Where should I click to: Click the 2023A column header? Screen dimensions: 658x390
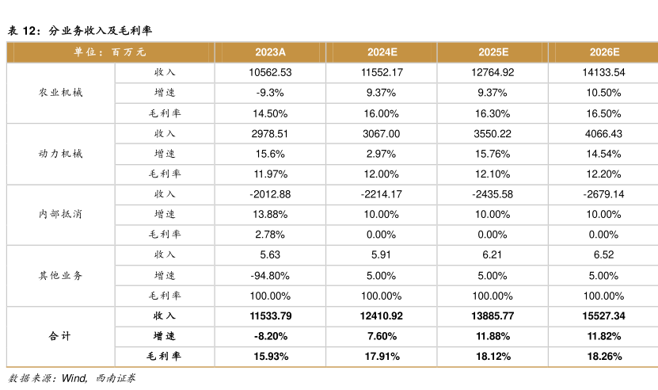(270, 52)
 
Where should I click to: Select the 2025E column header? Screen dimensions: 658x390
(493, 52)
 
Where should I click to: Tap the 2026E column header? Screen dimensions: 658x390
(604, 52)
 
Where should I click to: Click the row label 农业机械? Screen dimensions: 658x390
(60, 93)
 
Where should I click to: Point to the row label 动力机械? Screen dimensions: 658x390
(60, 154)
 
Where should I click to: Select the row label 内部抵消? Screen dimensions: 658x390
(60, 214)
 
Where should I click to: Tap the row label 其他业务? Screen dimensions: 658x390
(60, 276)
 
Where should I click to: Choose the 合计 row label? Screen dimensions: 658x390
(59, 336)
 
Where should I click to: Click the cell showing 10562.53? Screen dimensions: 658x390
(270, 72)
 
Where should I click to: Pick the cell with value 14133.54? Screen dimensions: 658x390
(603, 72)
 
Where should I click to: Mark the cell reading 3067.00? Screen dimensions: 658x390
(381, 134)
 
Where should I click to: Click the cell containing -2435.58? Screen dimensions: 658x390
(493, 194)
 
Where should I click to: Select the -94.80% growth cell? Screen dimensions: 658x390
(270, 276)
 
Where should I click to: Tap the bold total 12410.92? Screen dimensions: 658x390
(381, 316)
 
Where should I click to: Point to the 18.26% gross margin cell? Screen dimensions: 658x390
(604, 357)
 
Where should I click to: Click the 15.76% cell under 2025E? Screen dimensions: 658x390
(493, 154)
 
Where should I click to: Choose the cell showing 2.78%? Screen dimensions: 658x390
(270, 235)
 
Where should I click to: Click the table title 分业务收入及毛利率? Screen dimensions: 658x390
(100, 31)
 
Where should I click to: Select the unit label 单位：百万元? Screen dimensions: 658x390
(110, 52)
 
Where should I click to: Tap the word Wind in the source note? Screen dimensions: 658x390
(74, 378)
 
